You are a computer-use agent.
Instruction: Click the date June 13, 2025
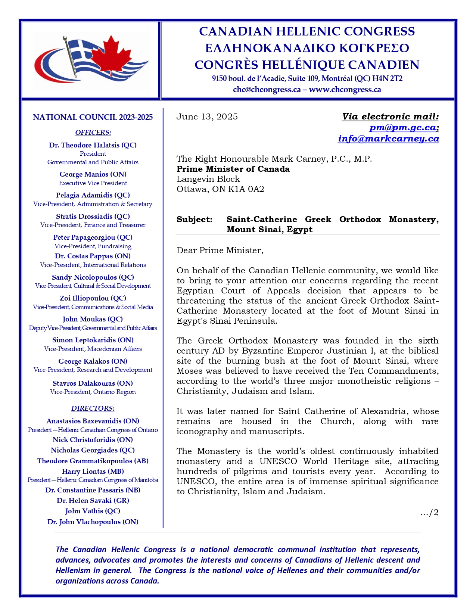(x=207, y=116)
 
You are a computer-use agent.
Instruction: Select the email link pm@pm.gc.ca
(x=402, y=127)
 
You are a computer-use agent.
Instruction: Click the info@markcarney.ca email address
(x=388, y=139)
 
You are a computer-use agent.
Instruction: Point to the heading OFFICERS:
(x=93, y=133)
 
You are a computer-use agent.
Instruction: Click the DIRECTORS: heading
(x=93, y=408)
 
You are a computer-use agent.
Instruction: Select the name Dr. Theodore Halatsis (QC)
(x=93, y=145)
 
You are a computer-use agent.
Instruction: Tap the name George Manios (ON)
(x=93, y=174)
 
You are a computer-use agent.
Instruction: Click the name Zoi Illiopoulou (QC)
(x=93, y=298)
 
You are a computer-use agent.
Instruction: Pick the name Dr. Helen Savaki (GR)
(x=93, y=500)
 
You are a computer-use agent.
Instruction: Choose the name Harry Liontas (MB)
(x=93, y=471)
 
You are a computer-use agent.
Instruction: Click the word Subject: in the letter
(x=195, y=219)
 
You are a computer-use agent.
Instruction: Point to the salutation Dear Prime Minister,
(x=220, y=250)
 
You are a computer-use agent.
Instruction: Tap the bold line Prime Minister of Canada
(x=233, y=169)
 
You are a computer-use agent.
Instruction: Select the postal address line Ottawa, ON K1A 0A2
(x=220, y=189)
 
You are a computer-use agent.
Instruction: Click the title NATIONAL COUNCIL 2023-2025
(x=93, y=117)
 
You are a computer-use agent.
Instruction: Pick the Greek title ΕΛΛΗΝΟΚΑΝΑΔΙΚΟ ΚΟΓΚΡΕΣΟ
(x=307, y=48)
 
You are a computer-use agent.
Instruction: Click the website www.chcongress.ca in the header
(x=345, y=90)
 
